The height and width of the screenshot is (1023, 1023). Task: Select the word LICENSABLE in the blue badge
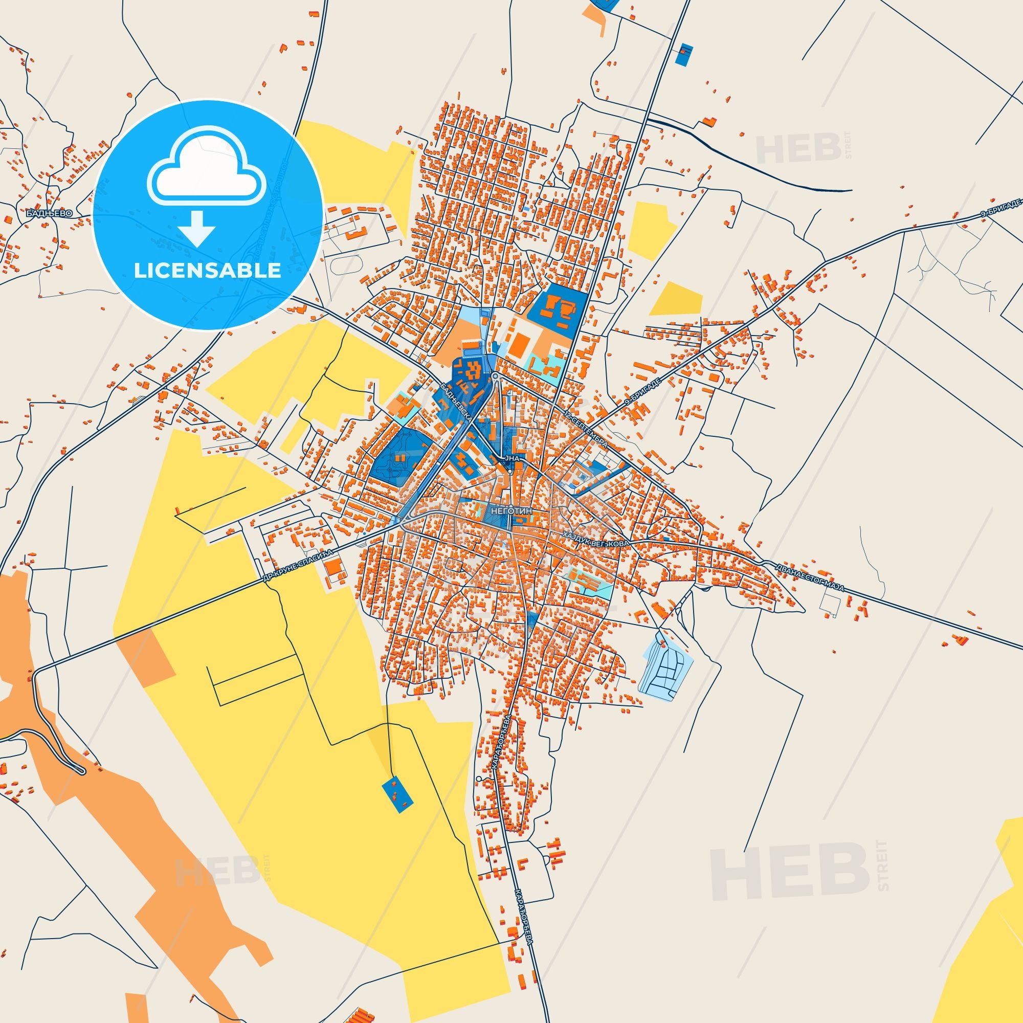click(x=207, y=271)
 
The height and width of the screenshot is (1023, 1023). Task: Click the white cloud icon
click(x=207, y=167)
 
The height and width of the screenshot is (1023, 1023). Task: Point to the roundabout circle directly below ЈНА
click(x=509, y=471)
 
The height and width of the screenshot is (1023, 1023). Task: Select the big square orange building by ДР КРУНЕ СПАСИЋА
click(x=333, y=568)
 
